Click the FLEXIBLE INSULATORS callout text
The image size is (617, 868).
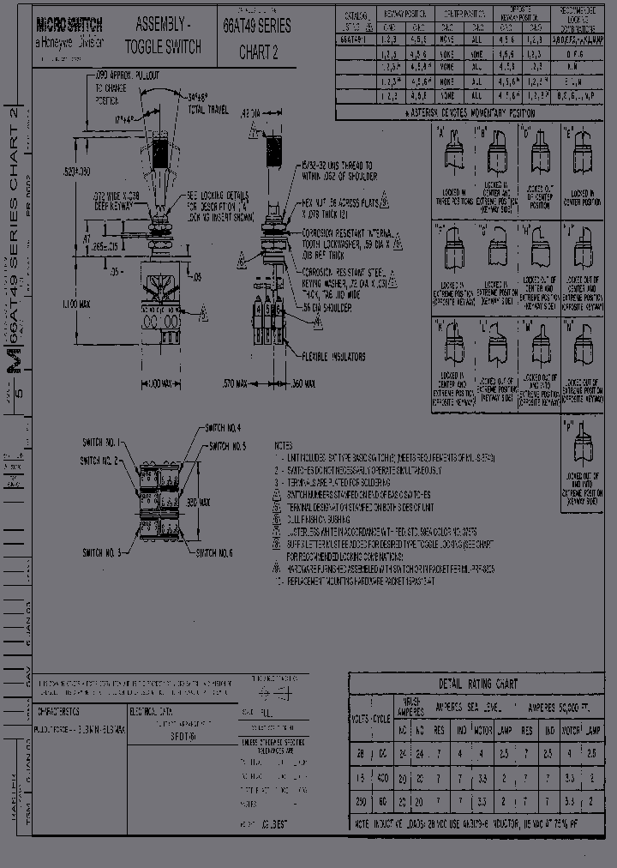[334, 357]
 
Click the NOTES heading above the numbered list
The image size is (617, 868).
[284, 447]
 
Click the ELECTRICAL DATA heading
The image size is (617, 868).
[153, 711]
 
